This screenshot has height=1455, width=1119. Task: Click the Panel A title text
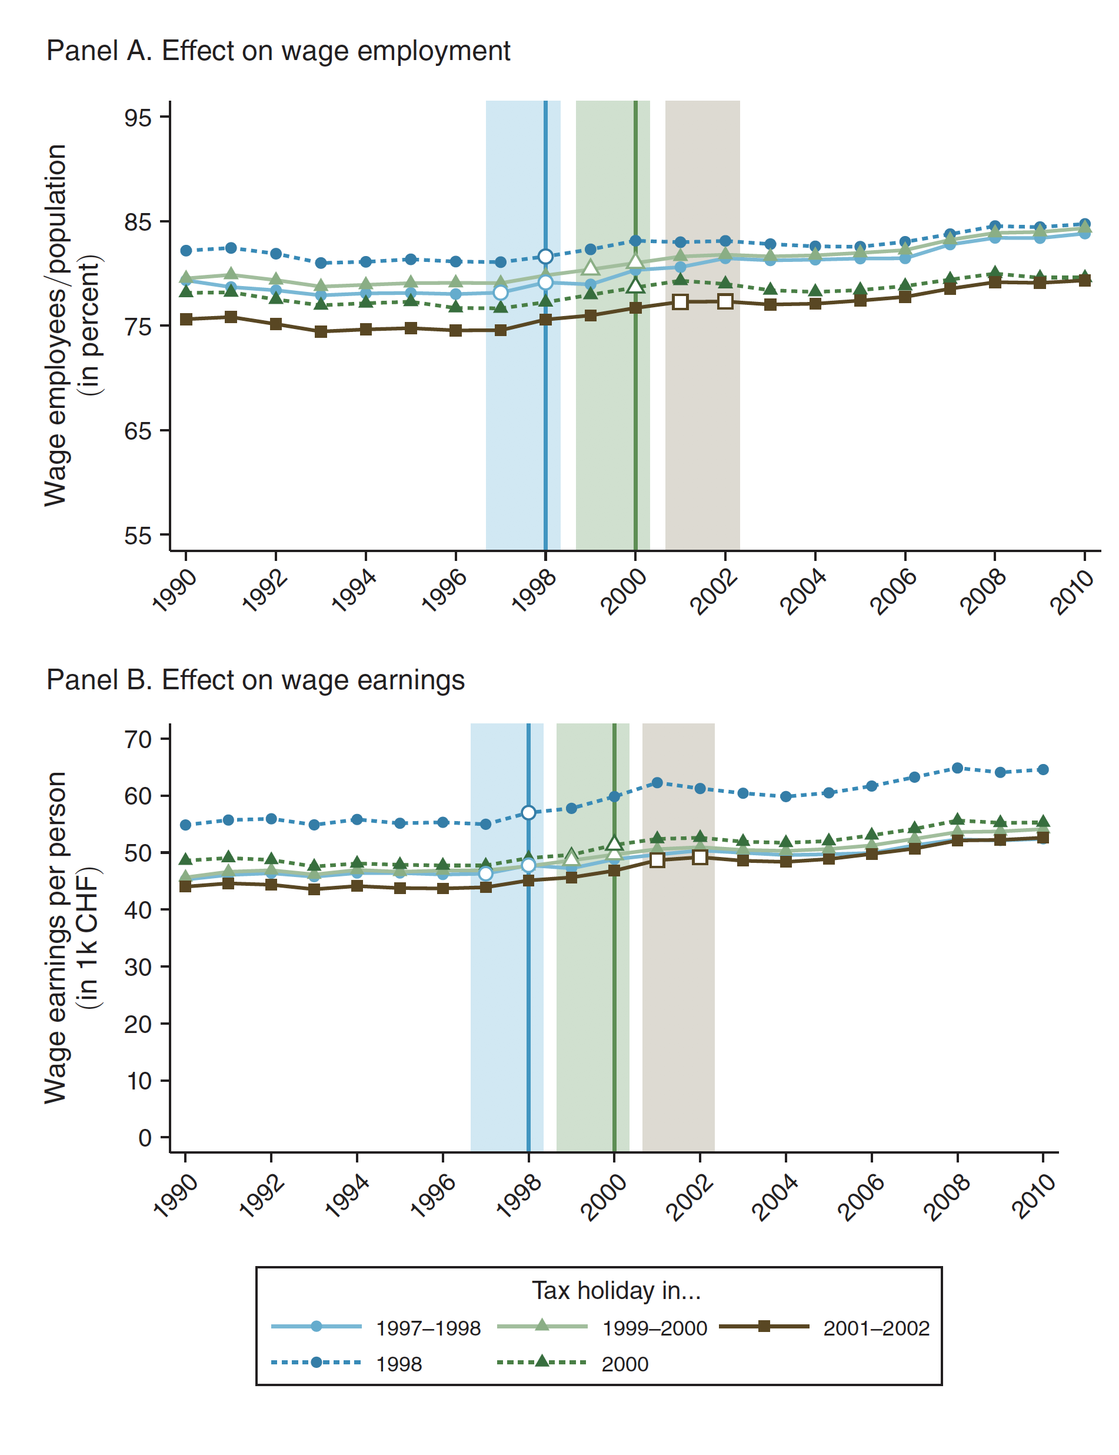tap(278, 51)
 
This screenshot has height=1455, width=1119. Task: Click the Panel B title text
tap(256, 680)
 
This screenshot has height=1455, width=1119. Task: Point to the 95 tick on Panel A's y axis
tap(138, 118)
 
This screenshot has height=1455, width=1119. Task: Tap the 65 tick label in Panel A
tap(138, 431)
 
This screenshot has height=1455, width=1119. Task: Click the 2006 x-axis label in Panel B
tap(860, 1198)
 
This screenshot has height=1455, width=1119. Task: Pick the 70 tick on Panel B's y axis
tap(138, 739)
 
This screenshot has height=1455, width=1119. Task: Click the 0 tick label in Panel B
tap(145, 1138)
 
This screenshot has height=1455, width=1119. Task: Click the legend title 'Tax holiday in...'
tap(616, 1291)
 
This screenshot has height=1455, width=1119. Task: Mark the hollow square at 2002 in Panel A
tap(725, 301)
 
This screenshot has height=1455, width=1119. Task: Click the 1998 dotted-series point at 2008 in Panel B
tap(958, 768)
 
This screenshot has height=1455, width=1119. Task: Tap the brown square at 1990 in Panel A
tap(186, 319)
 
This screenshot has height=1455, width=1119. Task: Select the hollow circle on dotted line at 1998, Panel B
tap(529, 813)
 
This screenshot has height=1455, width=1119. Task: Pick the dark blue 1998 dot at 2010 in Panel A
tap(1085, 224)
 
